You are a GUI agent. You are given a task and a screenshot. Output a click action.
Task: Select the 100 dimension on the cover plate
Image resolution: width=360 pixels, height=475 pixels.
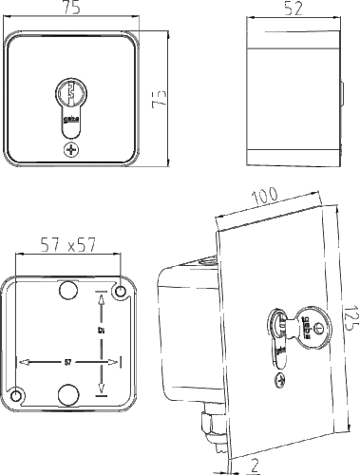[265, 197]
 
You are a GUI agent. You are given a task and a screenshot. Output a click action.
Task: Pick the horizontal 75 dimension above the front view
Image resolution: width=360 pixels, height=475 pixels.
[71, 9]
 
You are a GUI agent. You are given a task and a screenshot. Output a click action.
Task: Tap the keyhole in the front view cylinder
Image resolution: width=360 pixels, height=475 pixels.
[71, 95]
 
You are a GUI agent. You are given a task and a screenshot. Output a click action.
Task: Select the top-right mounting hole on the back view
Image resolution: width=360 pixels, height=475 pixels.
[121, 290]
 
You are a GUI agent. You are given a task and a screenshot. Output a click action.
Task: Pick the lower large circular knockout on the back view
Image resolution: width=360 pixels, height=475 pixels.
[69, 395]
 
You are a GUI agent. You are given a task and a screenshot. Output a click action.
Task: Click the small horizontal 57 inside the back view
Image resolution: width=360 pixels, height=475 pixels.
[67, 362]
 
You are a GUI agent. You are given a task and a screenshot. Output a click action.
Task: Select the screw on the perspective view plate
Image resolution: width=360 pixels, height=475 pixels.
[280, 382]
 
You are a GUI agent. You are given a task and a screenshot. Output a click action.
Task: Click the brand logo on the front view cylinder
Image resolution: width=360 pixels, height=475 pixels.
[70, 120]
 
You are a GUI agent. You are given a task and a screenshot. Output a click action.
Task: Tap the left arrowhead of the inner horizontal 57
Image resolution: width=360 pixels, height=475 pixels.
[21, 362]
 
